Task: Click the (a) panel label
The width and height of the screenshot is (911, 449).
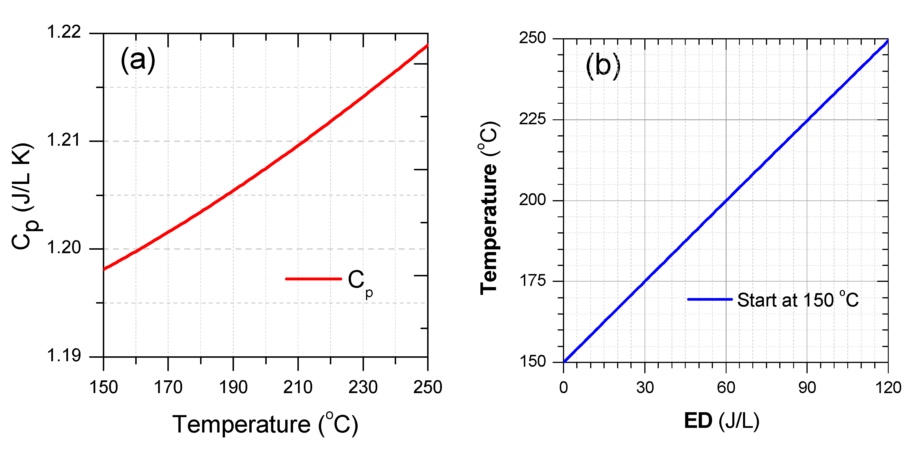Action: [x=138, y=60]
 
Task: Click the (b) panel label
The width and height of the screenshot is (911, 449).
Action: [x=603, y=66]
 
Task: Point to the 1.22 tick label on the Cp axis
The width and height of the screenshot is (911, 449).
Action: [x=64, y=32]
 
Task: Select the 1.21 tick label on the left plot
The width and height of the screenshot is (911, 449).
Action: [x=64, y=140]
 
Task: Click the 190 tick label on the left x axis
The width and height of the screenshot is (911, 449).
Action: [x=233, y=387]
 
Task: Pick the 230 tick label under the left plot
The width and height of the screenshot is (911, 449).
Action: [x=363, y=387]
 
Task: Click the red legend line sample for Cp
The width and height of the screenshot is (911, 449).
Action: [x=313, y=279]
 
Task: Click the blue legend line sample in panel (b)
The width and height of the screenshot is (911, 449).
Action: [x=709, y=299]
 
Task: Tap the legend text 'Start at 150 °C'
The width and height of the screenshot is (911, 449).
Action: [x=797, y=300]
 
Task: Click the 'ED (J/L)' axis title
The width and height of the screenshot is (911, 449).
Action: [x=721, y=421]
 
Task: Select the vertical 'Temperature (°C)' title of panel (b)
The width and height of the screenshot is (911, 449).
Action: [x=489, y=208]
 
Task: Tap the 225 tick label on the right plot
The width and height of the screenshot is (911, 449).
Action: [x=532, y=119]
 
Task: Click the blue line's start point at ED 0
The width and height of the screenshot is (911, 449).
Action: [x=564, y=362]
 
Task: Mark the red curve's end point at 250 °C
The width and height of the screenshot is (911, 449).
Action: [x=428, y=45]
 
